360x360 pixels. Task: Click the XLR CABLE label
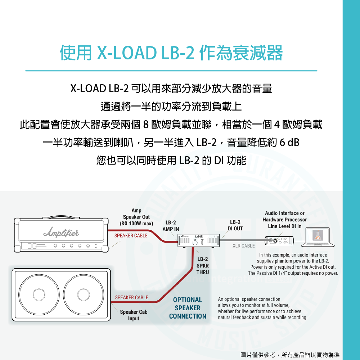click(x=243, y=246)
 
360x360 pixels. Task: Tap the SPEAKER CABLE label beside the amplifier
click(x=131, y=236)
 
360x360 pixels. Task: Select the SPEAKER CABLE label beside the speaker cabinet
click(x=131, y=298)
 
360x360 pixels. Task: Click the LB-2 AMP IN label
click(x=171, y=226)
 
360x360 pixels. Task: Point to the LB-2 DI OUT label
click(x=235, y=225)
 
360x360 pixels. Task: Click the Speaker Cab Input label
click(x=134, y=315)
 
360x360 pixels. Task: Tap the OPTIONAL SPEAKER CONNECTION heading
click(x=188, y=308)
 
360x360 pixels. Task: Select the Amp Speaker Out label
click(x=136, y=217)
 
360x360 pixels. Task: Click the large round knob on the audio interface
click(x=276, y=240)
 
